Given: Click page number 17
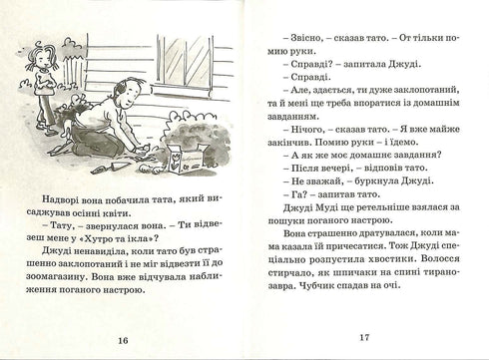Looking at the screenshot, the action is (x=364, y=337).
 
